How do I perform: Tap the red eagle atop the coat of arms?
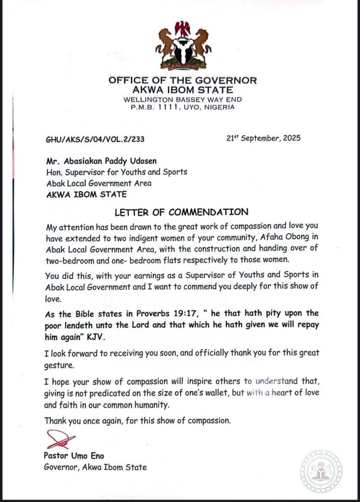(x=183, y=27)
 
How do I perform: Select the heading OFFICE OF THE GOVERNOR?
(x=183, y=80)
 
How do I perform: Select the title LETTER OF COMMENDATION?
(x=182, y=212)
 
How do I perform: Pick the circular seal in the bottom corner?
(x=321, y=471)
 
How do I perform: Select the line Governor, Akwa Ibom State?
(x=95, y=467)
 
